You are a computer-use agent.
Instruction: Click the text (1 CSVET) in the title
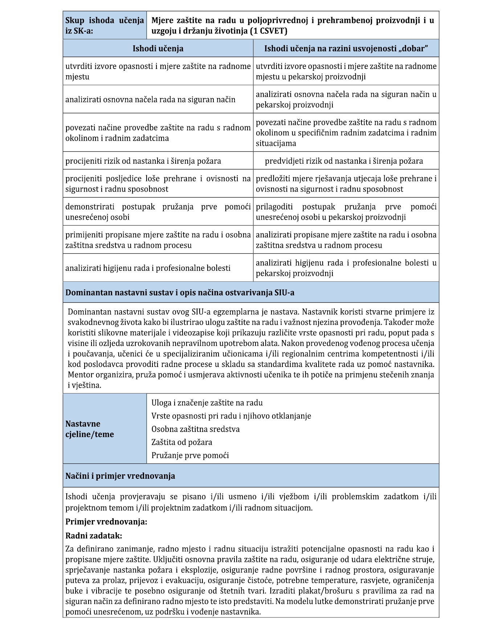(268, 31)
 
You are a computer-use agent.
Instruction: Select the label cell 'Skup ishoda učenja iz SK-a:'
(105, 25)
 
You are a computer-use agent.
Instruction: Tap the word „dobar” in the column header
(412, 49)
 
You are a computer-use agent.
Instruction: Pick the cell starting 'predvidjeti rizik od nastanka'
(344, 161)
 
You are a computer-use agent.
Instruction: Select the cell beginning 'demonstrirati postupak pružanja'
(158, 212)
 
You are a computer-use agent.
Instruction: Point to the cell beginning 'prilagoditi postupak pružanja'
(346, 212)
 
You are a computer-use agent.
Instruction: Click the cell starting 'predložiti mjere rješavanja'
(346, 184)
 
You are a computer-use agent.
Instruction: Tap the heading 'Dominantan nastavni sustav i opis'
(180, 293)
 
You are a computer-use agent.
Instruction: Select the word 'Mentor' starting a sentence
(81, 375)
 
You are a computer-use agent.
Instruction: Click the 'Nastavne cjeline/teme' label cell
(105, 429)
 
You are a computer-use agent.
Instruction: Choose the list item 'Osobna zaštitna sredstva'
(195, 429)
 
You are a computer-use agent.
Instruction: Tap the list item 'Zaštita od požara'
(181, 442)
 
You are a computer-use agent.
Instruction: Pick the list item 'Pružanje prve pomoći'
(190, 456)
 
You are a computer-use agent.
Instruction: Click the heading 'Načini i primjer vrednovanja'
(120, 476)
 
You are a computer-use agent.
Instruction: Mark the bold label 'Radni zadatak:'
(94, 536)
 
